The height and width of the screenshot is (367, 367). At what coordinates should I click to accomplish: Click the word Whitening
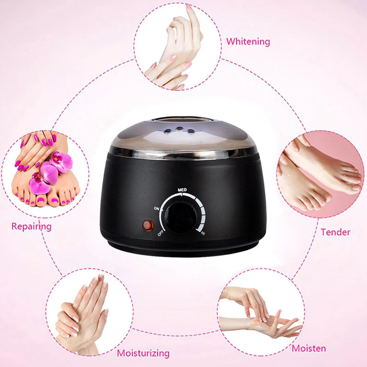click(248, 41)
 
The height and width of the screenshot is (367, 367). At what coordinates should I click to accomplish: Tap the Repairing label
click(31, 226)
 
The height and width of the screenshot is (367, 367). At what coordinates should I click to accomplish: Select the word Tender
click(335, 232)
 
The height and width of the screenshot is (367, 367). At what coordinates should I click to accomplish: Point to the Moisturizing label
click(143, 353)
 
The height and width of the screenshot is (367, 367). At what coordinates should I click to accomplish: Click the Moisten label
click(309, 348)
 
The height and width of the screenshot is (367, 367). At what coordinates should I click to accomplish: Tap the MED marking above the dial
click(182, 189)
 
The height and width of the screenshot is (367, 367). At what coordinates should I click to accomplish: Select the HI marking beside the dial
click(203, 234)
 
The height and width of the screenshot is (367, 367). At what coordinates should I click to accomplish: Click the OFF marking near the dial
click(161, 232)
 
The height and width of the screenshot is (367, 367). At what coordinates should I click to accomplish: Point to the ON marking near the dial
click(157, 208)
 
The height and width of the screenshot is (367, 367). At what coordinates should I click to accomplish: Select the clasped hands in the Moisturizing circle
click(83, 312)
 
